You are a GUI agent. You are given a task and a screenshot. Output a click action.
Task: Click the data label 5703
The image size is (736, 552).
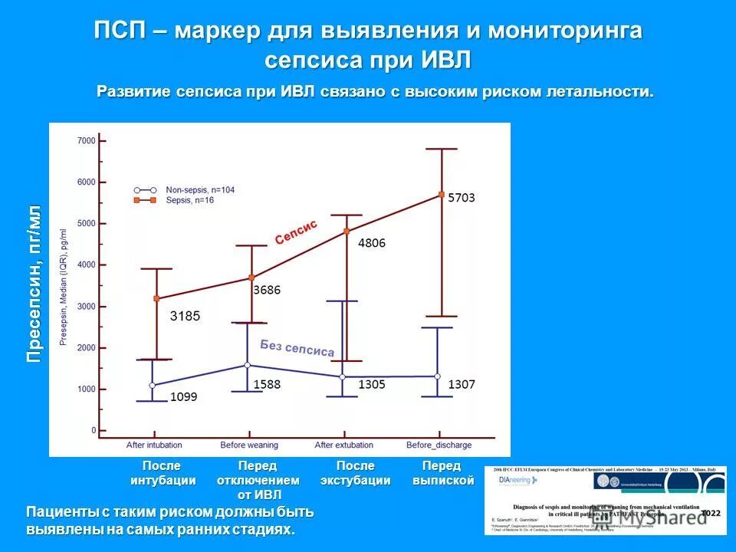(462, 198)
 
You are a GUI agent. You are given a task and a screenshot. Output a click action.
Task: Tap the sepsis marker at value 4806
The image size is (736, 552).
(346, 231)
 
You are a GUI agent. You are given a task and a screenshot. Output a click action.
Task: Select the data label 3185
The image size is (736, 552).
(185, 315)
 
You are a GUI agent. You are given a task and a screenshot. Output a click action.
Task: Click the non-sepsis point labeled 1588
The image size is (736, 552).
(247, 366)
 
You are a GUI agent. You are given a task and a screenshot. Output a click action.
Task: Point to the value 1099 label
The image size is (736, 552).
(184, 396)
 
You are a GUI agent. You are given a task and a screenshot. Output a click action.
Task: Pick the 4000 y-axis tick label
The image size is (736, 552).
(87, 265)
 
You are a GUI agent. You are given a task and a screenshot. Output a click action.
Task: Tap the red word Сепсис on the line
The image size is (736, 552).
(296, 232)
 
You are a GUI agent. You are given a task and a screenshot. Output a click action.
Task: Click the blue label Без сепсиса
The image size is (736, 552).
(297, 348)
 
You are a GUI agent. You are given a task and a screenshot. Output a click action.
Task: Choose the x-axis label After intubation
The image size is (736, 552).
(153, 445)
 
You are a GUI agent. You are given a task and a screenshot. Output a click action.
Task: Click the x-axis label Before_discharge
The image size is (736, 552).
(439, 445)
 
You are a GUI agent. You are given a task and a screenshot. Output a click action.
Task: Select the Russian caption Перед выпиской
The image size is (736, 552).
(442, 473)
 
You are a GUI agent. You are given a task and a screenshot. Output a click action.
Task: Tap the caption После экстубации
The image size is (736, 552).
(356, 473)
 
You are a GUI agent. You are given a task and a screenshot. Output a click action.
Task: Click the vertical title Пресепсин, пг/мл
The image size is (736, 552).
(34, 284)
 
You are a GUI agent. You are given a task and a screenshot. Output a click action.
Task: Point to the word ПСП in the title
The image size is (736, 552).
(125, 31)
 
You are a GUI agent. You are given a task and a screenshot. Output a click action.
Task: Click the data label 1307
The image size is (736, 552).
(462, 383)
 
